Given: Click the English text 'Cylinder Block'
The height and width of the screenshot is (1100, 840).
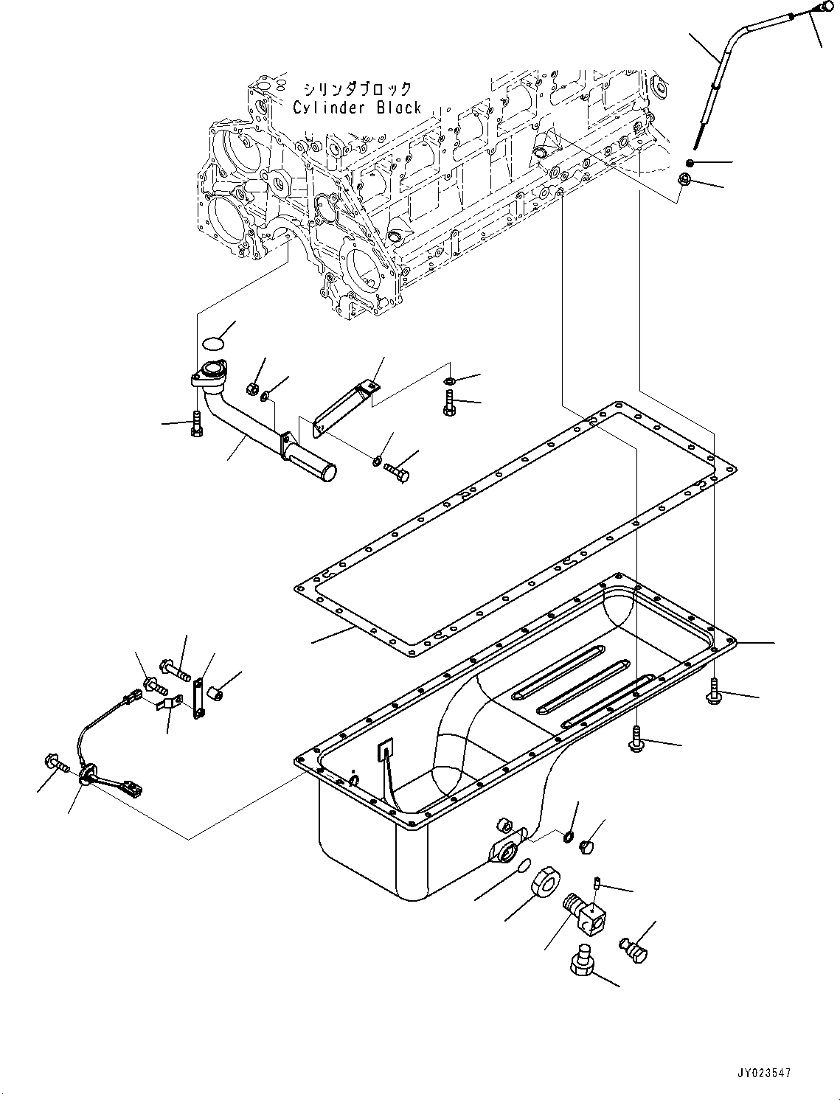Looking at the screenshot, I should click(357, 108).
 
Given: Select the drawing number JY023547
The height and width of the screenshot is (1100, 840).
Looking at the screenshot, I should click(763, 1073).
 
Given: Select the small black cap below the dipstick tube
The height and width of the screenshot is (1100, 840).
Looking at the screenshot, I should click(689, 162).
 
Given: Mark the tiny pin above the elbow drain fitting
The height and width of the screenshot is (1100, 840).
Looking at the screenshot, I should click(598, 882).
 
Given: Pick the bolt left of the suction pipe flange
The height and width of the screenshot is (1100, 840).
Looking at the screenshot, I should click(195, 423).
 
